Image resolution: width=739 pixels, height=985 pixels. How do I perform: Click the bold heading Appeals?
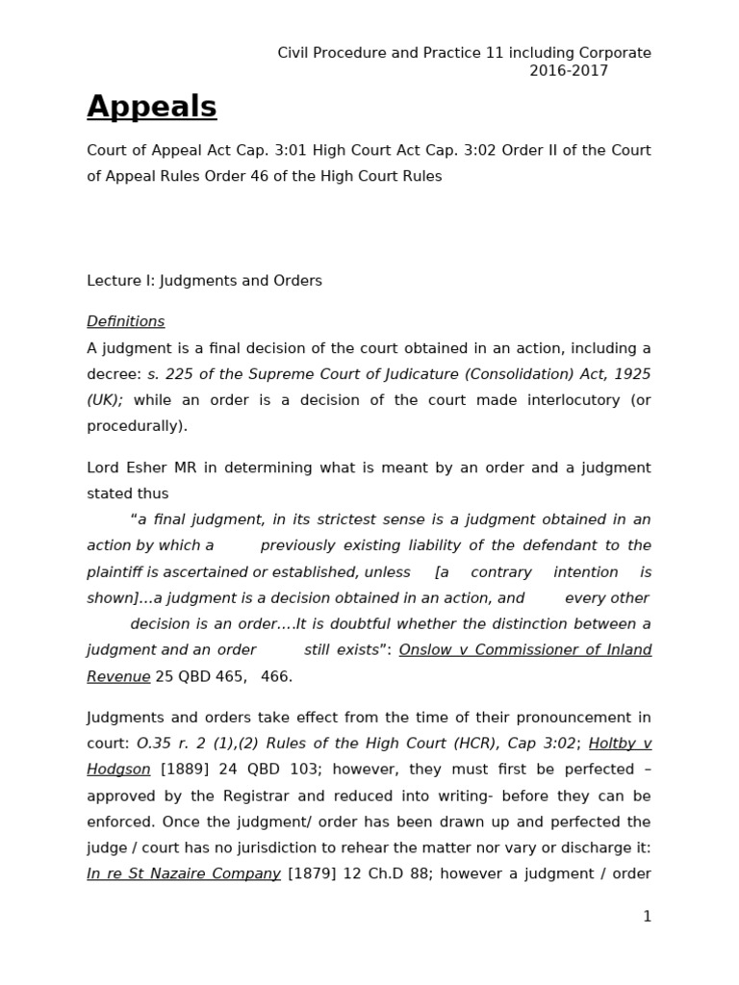(152, 108)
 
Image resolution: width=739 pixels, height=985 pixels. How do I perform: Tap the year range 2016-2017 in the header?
(569, 71)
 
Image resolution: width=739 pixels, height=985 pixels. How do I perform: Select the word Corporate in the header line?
(615, 53)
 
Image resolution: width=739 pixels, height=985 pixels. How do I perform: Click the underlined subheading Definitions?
(126, 321)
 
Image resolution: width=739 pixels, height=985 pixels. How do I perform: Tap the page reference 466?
(277, 676)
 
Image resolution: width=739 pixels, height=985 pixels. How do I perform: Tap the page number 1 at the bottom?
(647, 917)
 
